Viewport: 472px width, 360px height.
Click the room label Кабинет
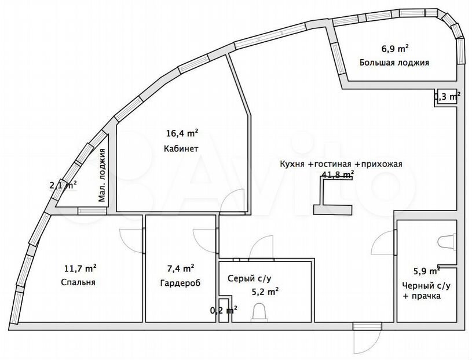coord(181,148)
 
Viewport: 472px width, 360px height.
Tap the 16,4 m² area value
coord(182,133)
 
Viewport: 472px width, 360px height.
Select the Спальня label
coord(78,282)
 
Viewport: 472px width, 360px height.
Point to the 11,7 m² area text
coord(81,267)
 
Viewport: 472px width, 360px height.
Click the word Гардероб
coord(180,283)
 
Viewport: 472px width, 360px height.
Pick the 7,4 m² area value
coord(180,267)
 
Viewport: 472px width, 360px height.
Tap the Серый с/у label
coord(249,278)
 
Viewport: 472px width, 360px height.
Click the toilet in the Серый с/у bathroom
coord(259,312)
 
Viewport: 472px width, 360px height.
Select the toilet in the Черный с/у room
coord(447,242)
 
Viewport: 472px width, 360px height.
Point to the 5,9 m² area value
coord(427,271)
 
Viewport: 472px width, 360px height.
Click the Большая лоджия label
coord(394,63)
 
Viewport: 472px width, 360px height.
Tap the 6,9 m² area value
coord(395,49)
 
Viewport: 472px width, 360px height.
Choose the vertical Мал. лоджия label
coord(102,174)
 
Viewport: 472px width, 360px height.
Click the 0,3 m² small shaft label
coord(447,97)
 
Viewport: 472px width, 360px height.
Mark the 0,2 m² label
coord(224,310)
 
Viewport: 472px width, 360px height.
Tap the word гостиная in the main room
coord(333,164)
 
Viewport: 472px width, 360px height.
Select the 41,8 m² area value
coord(338,174)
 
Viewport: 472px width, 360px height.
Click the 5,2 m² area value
coord(265,292)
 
